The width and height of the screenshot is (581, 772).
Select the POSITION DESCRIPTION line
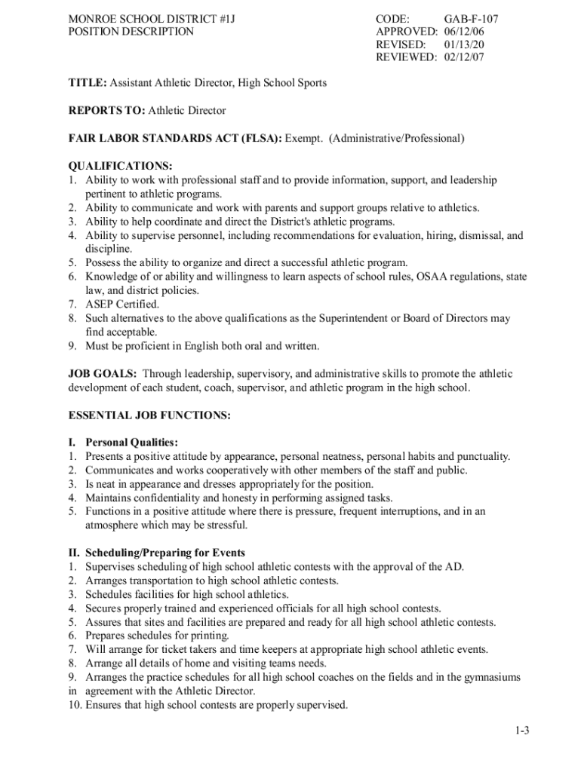(131, 32)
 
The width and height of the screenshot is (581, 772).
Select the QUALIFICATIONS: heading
(121, 166)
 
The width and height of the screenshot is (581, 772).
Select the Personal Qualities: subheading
(132, 443)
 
